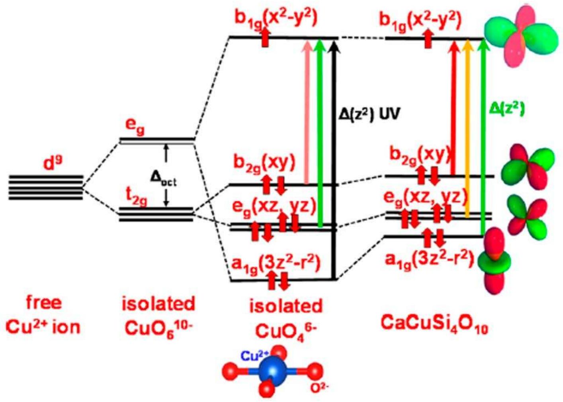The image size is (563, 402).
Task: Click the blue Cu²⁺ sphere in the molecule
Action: click(273, 371)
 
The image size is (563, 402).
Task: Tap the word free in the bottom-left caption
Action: click(44, 303)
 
